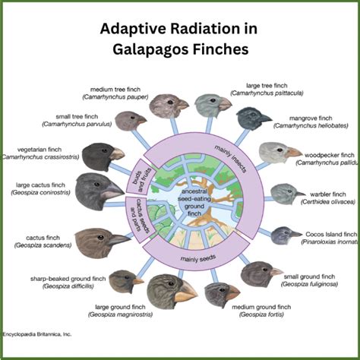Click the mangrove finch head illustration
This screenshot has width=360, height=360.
253,118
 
